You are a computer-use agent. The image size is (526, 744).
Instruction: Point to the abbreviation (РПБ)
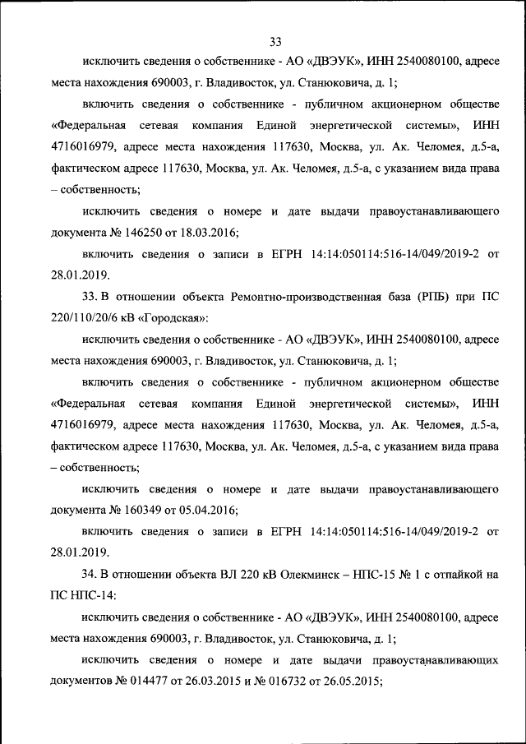[439, 296]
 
